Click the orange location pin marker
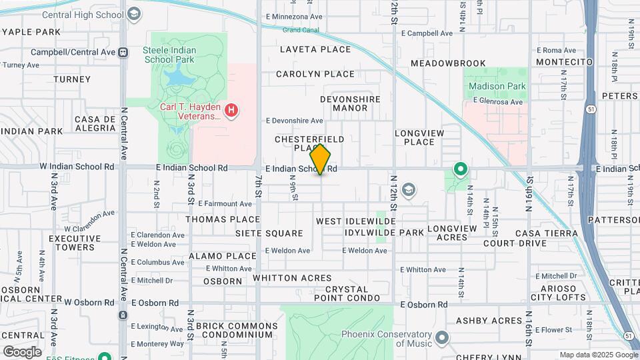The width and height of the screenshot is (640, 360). point(321,159)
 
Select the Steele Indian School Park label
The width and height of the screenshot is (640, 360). point(177,50)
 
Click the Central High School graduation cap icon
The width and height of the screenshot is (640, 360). point(135,14)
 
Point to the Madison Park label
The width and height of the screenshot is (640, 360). point(497,86)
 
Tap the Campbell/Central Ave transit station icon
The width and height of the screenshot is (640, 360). point(123,52)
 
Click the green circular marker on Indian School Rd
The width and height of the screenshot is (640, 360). point(460,169)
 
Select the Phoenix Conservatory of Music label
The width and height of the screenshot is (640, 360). point(383,339)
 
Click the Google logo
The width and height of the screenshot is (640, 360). point(22,351)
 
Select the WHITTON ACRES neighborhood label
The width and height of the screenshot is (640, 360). point(292,277)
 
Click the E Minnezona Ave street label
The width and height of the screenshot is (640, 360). point(293,16)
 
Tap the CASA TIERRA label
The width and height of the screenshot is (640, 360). point(546,233)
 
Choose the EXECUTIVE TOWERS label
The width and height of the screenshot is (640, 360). point(72,243)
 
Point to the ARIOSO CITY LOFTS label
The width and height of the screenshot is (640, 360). point(559,293)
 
